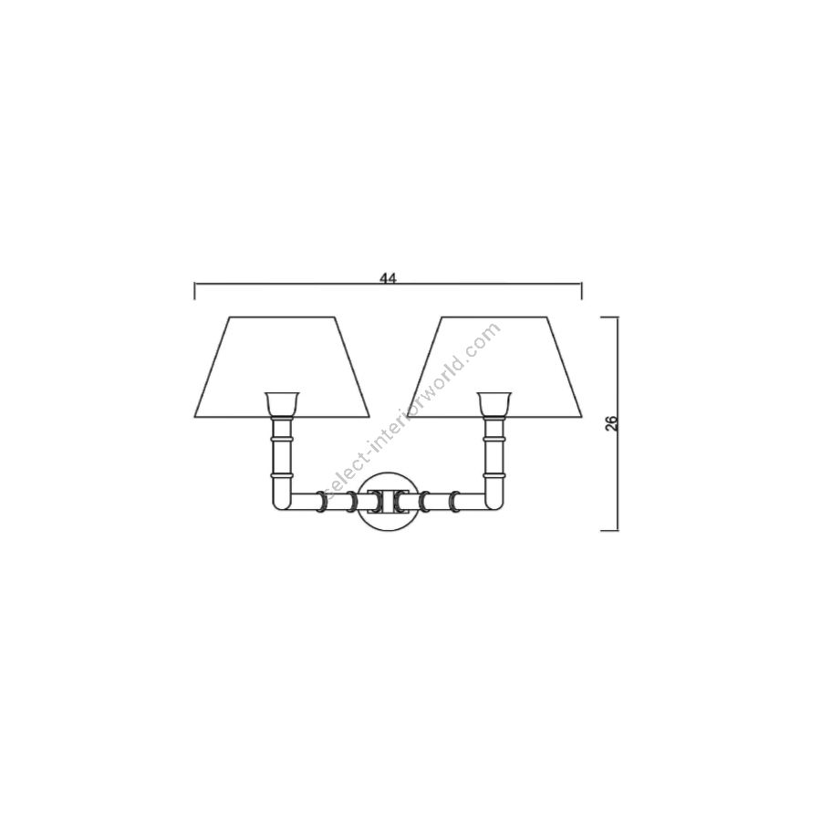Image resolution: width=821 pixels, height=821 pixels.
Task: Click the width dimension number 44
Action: coord(388,278)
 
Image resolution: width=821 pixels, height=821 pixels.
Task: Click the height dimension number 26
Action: coord(611,423)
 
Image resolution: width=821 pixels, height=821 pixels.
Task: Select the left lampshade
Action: coord(282,367)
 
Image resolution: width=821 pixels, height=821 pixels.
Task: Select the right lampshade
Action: coord(494,367)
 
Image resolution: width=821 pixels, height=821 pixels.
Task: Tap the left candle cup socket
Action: coord(282,403)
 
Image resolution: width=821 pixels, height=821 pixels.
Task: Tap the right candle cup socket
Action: coord(494,403)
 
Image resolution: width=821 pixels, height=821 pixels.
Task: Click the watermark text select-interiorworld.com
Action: coord(412,412)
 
